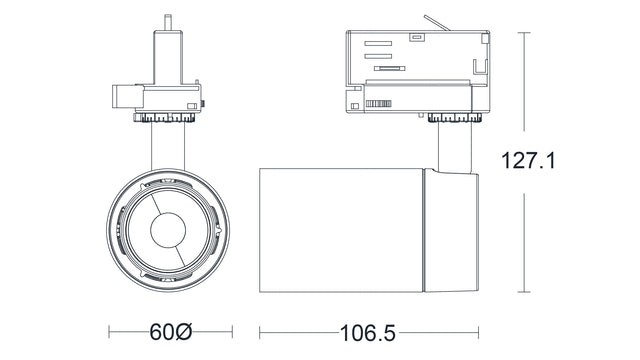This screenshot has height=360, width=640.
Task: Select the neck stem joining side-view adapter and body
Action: click(x=452, y=146)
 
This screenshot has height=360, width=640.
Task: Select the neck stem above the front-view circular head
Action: click(x=166, y=146)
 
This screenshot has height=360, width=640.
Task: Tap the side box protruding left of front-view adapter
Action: click(x=123, y=97)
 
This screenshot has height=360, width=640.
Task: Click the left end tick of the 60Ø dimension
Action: click(x=109, y=331)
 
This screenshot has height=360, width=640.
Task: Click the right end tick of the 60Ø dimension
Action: click(x=232, y=331)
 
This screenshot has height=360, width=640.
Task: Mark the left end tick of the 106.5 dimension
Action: click(x=260, y=331)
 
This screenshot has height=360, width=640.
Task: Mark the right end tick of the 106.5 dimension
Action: click(x=479, y=331)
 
